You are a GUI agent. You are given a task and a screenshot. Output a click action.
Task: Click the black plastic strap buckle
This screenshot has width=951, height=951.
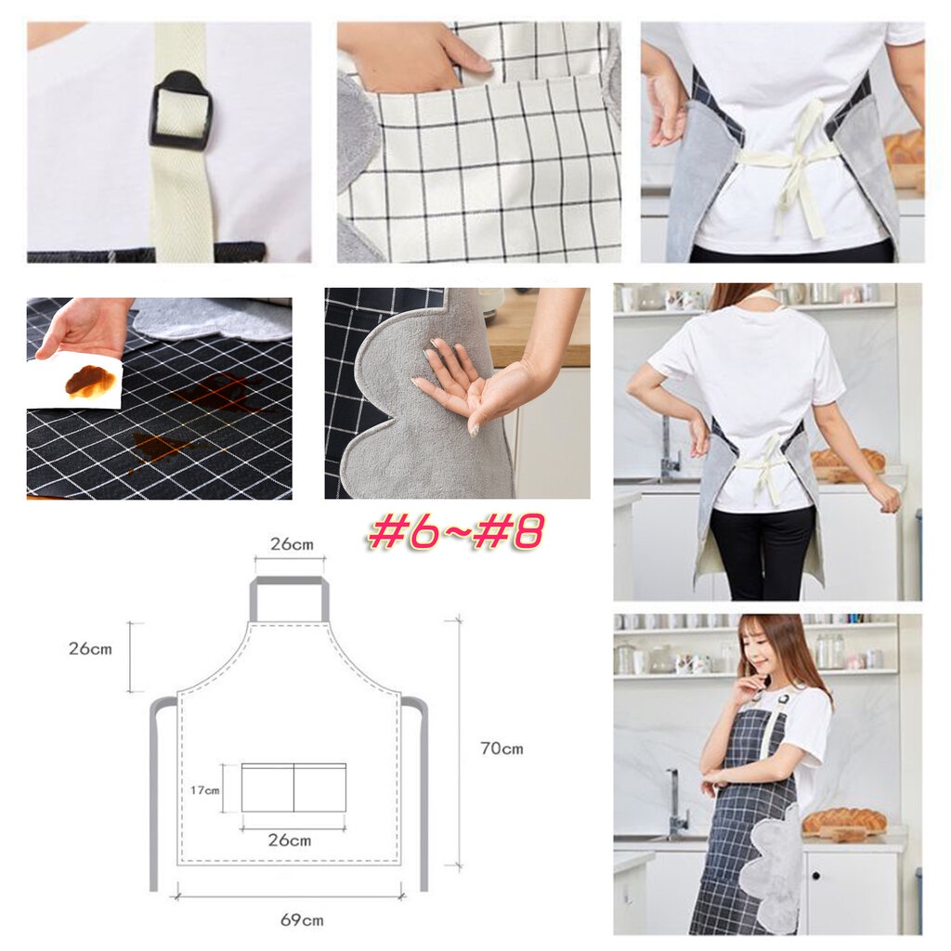180,110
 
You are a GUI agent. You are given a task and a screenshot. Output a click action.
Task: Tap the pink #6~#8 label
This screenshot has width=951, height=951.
456,531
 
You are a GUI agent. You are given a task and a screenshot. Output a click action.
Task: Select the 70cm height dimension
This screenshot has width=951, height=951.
502,749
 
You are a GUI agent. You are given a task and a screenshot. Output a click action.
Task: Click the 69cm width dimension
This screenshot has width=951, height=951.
302,920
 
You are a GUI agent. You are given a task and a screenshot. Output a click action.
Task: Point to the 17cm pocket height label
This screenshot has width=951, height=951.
205,790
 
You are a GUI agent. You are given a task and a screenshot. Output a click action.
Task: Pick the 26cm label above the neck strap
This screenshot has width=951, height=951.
292,543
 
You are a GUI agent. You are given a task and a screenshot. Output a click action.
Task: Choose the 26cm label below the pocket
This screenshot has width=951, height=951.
290,840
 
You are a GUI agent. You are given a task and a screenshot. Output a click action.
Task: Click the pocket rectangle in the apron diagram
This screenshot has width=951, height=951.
293,788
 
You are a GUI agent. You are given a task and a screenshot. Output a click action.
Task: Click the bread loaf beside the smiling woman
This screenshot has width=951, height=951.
844,821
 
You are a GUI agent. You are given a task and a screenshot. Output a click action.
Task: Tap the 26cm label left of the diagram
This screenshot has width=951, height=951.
90,648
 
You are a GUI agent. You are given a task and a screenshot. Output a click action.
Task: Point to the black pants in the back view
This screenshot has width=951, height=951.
761,552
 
